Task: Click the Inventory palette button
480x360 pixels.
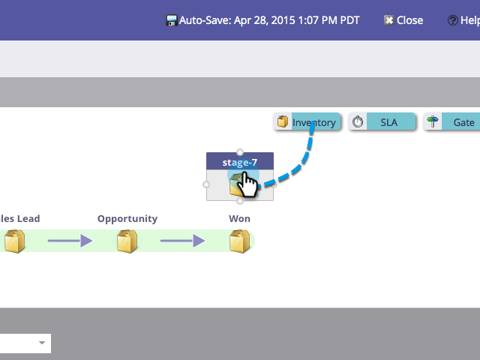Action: (x=307, y=122)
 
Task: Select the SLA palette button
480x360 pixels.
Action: (x=382, y=122)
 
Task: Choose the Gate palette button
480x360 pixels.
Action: (x=452, y=122)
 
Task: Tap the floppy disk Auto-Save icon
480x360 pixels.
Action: (x=172, y=20)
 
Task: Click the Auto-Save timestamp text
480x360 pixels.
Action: (x=269, y=20)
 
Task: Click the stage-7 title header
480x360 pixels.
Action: (x=240, y=162)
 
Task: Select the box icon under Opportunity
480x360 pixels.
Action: (x=127, y=241)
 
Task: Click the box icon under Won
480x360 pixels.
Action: (x=240, y=241)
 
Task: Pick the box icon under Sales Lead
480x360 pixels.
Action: (x=15, y=241)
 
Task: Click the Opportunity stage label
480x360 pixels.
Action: (x=127, y=219)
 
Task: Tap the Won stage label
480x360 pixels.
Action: (x=240, y=219)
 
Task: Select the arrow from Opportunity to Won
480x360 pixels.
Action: (x=182, y=241)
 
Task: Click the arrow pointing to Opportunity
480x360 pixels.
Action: (x=70, y=241)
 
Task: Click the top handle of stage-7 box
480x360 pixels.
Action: (x=240, y=152)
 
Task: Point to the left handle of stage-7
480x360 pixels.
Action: (x=206, y=184)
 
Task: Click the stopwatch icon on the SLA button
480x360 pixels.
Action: (x=358, y=122)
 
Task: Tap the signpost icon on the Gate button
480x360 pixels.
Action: (x=433, y=122)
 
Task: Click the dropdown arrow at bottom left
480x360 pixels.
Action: (x=43, y=343)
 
